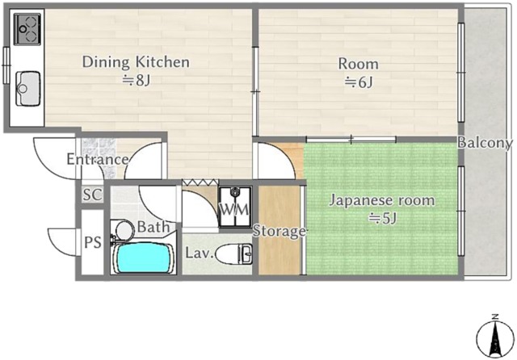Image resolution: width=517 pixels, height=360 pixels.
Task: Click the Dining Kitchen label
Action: point(136,62)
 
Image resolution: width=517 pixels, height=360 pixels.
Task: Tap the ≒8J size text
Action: point(137,80)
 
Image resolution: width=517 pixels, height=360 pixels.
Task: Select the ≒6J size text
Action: point(359,82)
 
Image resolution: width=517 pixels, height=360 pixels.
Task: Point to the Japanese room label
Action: point(382,201)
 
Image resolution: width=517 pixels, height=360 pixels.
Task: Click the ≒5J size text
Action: point(382,218)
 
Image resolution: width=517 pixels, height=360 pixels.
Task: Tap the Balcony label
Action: point(485,143)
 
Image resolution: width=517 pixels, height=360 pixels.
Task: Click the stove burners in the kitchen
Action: point(27,29)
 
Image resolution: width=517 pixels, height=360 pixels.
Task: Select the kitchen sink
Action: point(28,89)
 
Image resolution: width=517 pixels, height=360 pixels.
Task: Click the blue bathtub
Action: point(144,258)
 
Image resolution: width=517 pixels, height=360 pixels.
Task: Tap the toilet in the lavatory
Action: point(234,254)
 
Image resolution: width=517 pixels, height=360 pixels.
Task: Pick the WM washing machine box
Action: point(235,207)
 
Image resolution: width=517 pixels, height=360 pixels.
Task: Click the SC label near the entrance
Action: point(92,195)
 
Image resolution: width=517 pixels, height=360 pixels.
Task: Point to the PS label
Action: point(93,243)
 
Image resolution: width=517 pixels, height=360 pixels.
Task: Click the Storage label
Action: point(279,231)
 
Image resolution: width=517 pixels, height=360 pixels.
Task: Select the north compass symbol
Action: point(495,338)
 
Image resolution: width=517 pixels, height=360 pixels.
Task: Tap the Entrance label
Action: point(98,160)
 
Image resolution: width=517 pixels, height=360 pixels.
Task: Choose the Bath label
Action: point(153,227)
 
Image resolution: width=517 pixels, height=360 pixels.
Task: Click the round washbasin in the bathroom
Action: point(123,230)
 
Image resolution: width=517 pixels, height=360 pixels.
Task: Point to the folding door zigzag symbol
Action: point(200,182)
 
